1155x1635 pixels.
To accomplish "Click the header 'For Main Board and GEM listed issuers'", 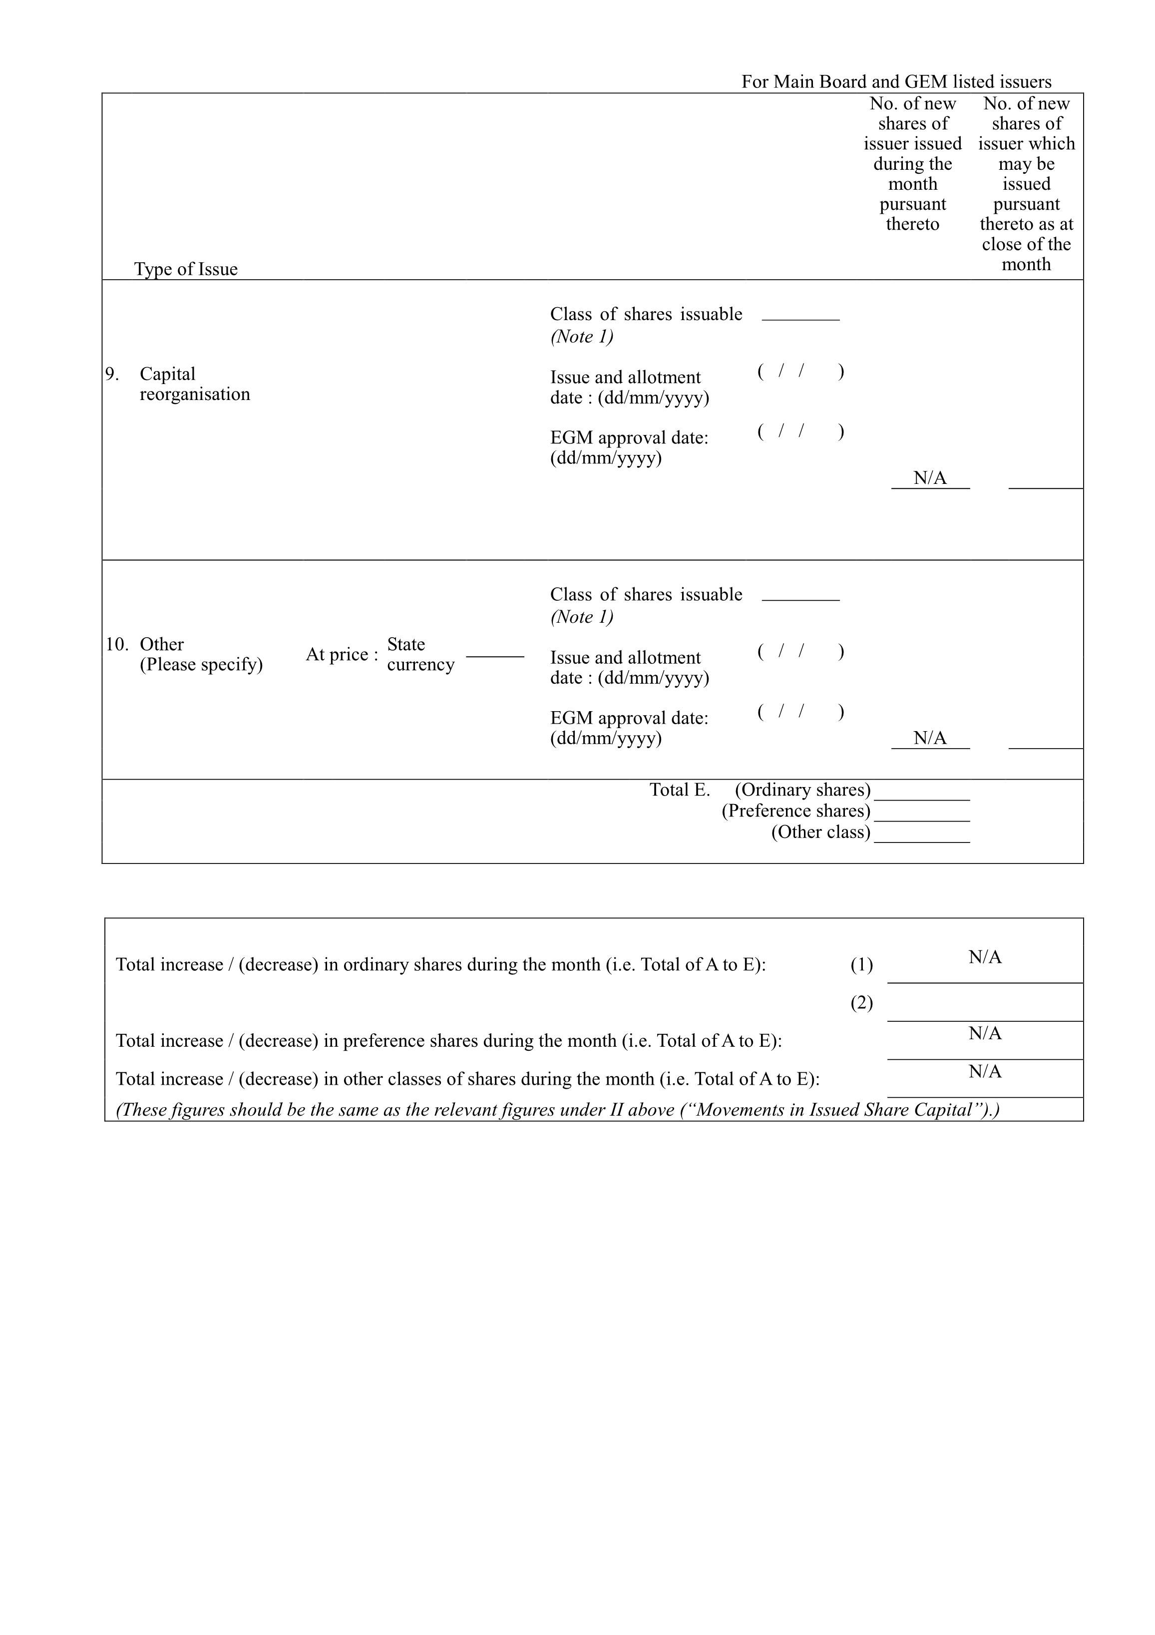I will (x=896, y=82).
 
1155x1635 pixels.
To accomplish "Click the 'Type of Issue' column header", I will (x=185, y=269).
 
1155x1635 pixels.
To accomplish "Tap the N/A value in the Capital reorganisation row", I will (x=930, y=478).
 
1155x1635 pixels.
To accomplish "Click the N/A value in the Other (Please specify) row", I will (x=930, y=738).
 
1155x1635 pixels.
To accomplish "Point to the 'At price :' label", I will (x=342, y=654).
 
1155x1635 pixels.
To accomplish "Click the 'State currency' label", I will (x=420, y=654).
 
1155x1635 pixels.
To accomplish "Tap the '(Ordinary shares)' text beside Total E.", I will (x=802, y=790).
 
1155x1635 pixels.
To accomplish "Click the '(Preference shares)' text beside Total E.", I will (x=795, y=811).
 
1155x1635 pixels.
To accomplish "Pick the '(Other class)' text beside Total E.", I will (x=820, y=832).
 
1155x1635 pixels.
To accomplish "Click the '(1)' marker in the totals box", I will (x=861, y=965).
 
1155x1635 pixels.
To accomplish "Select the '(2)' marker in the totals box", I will (x=861, y=1003).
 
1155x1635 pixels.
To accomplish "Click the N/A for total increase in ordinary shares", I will (x=985, y=958).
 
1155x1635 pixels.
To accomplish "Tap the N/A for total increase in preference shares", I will (x=985, y=1033).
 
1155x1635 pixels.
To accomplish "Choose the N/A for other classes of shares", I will (x=985, y=1072).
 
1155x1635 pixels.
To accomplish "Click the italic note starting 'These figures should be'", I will (x=558, y=1110).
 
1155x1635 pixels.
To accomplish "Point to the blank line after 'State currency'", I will (x=495, y=655).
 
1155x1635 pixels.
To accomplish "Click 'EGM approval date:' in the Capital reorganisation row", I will (x=629, y=438).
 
